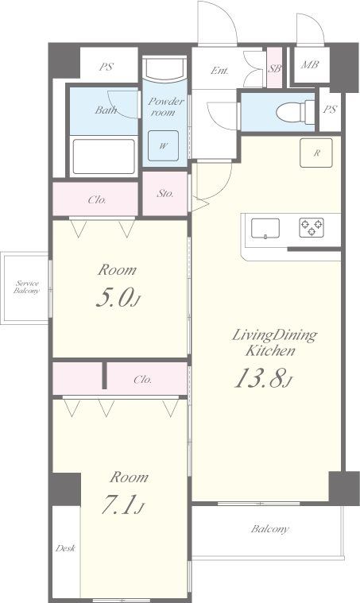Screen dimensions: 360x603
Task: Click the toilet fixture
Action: pyautogui.click(x=296, y=112)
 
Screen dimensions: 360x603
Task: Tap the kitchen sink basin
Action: pyautogui.click(x=265, y=229)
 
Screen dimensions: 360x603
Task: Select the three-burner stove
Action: pyautogui.click(x=312, y=227)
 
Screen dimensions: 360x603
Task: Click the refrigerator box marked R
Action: pyautogui.click(x=316, y=153)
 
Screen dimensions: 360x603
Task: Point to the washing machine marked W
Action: pyautogui.click(x=164, y=145)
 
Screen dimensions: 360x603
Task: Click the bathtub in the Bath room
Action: pyautogui.click(x=104, y=157)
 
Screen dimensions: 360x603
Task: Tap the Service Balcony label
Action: pyautogui.click(x=26, y=288)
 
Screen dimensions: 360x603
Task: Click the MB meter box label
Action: pyautogui.click(x=310, y=64)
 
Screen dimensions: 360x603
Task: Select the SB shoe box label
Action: pyautogui.click(x=275, y=69)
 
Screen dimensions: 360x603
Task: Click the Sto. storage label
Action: pyautogui.click(x=165, y=193)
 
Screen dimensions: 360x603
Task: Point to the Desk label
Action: pyautogui.click(x=65, y=548)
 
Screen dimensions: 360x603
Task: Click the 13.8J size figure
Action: pyautogui.click(x=264, y=377)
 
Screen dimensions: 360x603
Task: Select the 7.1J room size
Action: pyautogui.click(x=123, y=504)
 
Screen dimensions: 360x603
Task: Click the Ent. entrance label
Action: pyautogui.click(x=219, y=71)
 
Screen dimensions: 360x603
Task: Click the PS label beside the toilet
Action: pyautogui.click(x=330, y=110)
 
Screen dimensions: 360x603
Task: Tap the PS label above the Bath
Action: pyautogui.click(x=106, y=67)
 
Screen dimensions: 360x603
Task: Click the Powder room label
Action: pyautogui.click(x=166, y=107)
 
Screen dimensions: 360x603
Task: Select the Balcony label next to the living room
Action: pyautogui.click(x=269, y=529)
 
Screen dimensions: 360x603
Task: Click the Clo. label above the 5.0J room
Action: pyautogui.click(x=97, y=200)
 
